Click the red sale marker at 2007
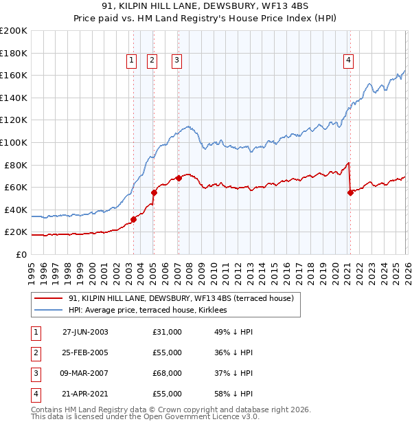point(179,178)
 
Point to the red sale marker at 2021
point(350,192)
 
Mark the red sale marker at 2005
point(154,192)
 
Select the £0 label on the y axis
point(21,254)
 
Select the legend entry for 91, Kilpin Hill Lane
point(181,298)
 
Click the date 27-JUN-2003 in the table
point(85,332)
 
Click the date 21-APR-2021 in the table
point(85,394)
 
